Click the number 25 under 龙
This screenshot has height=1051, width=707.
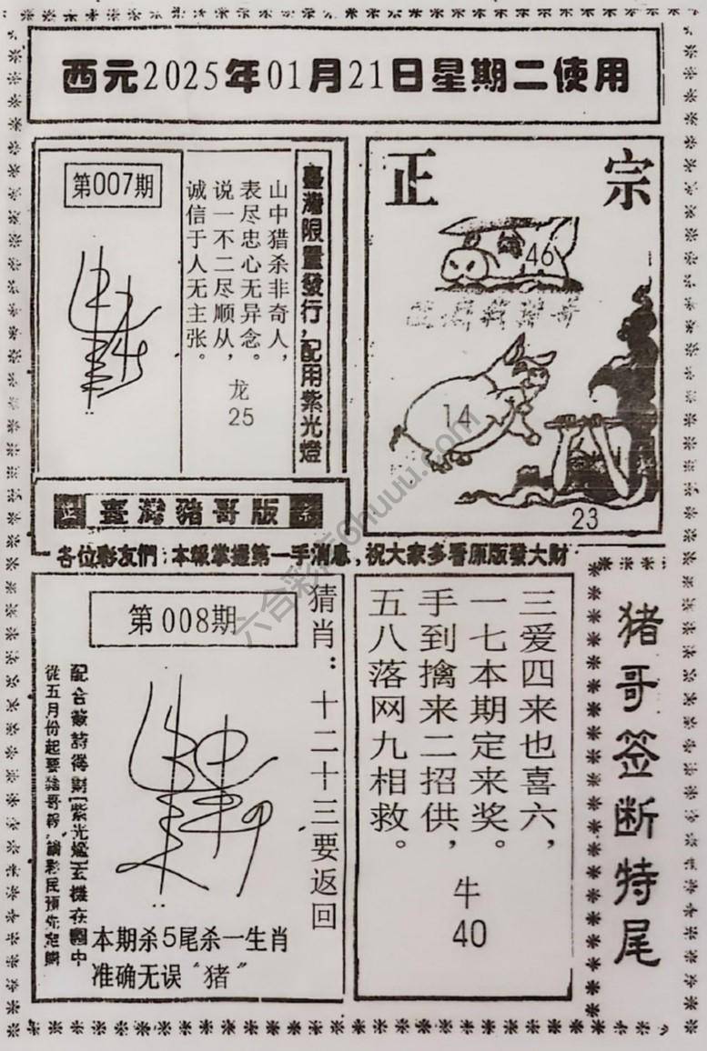click(x=241, y=416)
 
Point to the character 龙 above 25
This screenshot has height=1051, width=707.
click(x=241, y=391)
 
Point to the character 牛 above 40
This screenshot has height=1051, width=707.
click(x=468, y=896)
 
